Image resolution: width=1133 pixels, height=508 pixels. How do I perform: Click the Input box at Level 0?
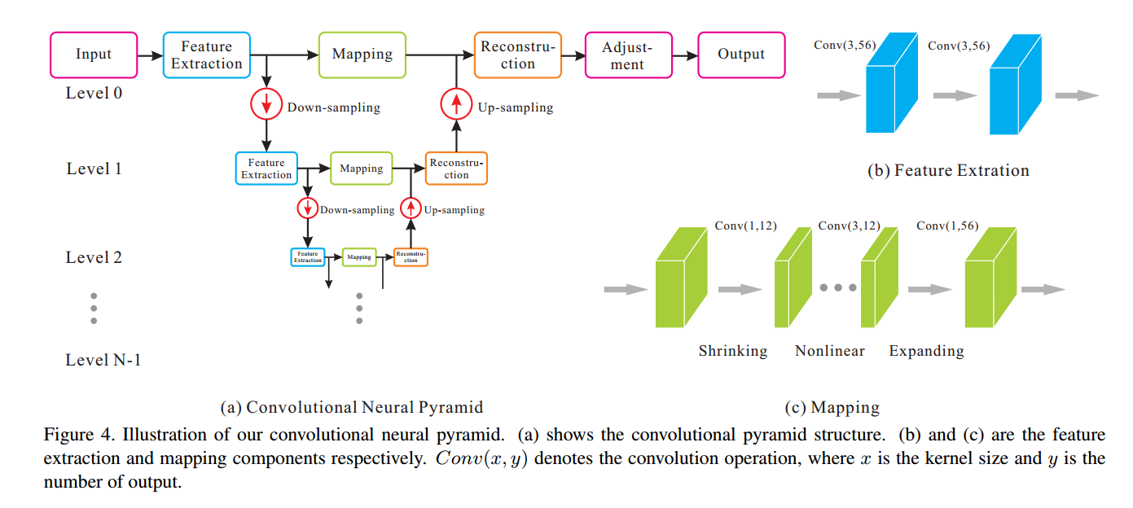(94, 55)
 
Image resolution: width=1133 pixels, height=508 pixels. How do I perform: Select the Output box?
(740, 55)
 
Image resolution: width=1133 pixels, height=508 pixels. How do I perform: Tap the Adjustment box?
(628, 55)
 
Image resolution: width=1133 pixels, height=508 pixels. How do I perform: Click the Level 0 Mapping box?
(362, 55)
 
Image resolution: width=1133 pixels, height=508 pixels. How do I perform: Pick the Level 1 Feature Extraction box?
(266, 169)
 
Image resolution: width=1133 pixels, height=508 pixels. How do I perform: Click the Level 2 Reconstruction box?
(411, 257)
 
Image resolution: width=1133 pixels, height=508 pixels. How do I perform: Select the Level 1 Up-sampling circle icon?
(411, 208)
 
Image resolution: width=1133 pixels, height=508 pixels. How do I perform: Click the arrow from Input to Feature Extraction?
(150, 56)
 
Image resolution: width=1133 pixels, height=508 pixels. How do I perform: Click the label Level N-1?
(103, 359)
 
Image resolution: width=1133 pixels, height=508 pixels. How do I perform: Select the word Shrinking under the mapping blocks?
(732, 351)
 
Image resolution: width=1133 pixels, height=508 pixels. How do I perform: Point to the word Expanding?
(926, 351)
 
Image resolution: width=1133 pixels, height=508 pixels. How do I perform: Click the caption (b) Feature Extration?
(948, 170)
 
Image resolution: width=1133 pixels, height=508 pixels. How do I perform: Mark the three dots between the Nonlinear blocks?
(838, 288)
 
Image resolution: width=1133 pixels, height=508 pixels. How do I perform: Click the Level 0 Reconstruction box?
(517, 55)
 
